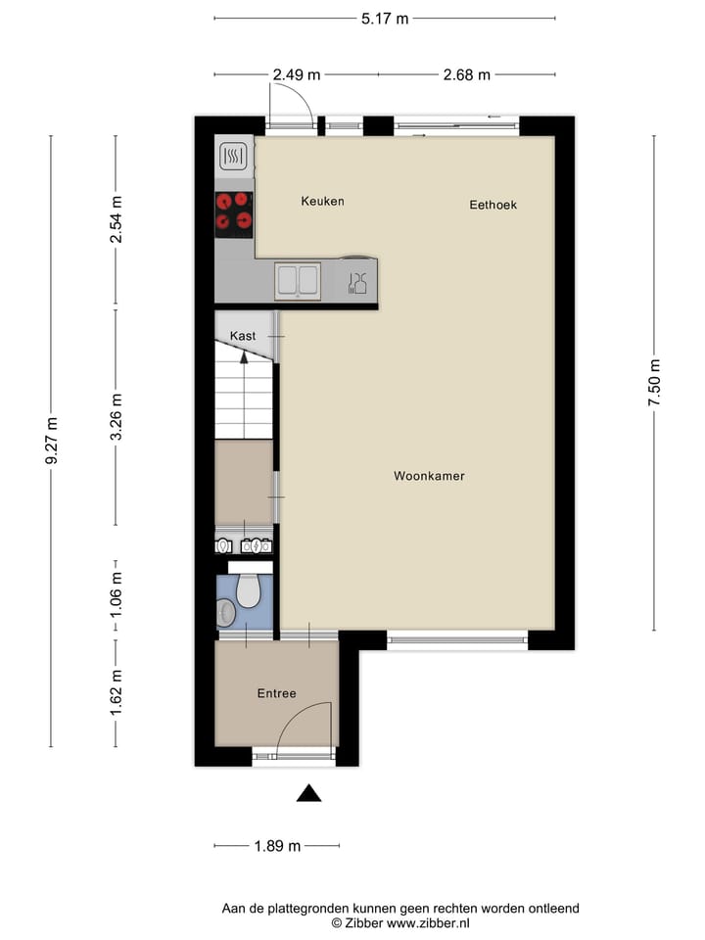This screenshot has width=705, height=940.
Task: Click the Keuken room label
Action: (322, 201)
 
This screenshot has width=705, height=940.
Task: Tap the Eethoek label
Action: (493, 205)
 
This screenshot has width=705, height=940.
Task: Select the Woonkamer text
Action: (429, 476)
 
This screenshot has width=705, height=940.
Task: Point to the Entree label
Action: (276, 693)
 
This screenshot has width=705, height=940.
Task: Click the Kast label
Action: (243, 336)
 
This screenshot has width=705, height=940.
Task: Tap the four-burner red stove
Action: (234, 213)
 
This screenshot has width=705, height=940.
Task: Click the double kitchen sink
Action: (298, 280)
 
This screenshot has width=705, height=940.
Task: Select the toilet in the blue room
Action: (249, 589)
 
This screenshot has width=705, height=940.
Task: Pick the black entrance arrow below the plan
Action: (309, 793)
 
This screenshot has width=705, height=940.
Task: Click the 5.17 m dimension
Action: (385, 18)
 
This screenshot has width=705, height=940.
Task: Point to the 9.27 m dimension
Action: (52, 443)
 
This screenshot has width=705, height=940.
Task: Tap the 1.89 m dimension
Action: (277, 846)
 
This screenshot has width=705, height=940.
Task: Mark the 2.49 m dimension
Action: (297, 74)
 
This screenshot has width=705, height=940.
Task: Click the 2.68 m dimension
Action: (466, 74)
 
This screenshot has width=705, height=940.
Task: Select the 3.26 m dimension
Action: (116, 417)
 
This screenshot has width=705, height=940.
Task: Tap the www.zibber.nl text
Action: (430, 922)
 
